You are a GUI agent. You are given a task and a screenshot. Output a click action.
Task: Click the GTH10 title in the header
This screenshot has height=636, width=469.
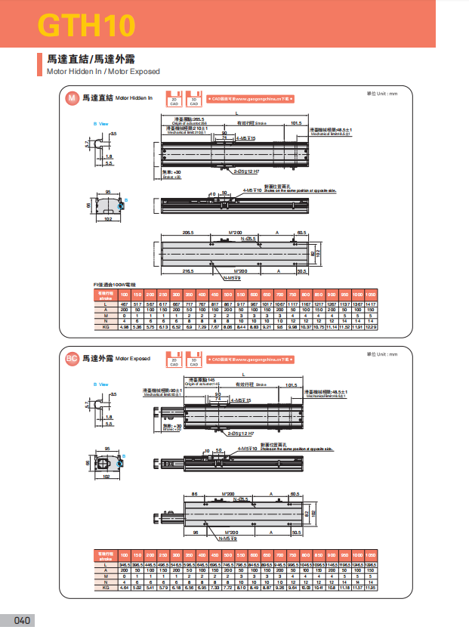point(87,26)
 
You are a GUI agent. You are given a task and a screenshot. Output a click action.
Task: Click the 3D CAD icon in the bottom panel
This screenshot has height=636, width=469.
point(195,359)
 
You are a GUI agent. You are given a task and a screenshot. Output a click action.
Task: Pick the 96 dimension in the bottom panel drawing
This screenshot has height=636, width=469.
point(194,532)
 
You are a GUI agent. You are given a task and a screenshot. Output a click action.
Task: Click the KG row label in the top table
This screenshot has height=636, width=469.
point(106,327)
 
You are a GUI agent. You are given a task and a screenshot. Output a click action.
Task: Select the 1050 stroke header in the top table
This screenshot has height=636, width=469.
point(371,293)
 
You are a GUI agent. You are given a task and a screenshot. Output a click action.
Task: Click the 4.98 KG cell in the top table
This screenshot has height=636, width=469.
point(125,327)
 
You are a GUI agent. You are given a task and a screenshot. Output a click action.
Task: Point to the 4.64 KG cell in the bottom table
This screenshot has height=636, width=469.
point(125,587)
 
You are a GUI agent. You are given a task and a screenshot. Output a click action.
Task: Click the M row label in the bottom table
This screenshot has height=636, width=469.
point(106,576)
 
